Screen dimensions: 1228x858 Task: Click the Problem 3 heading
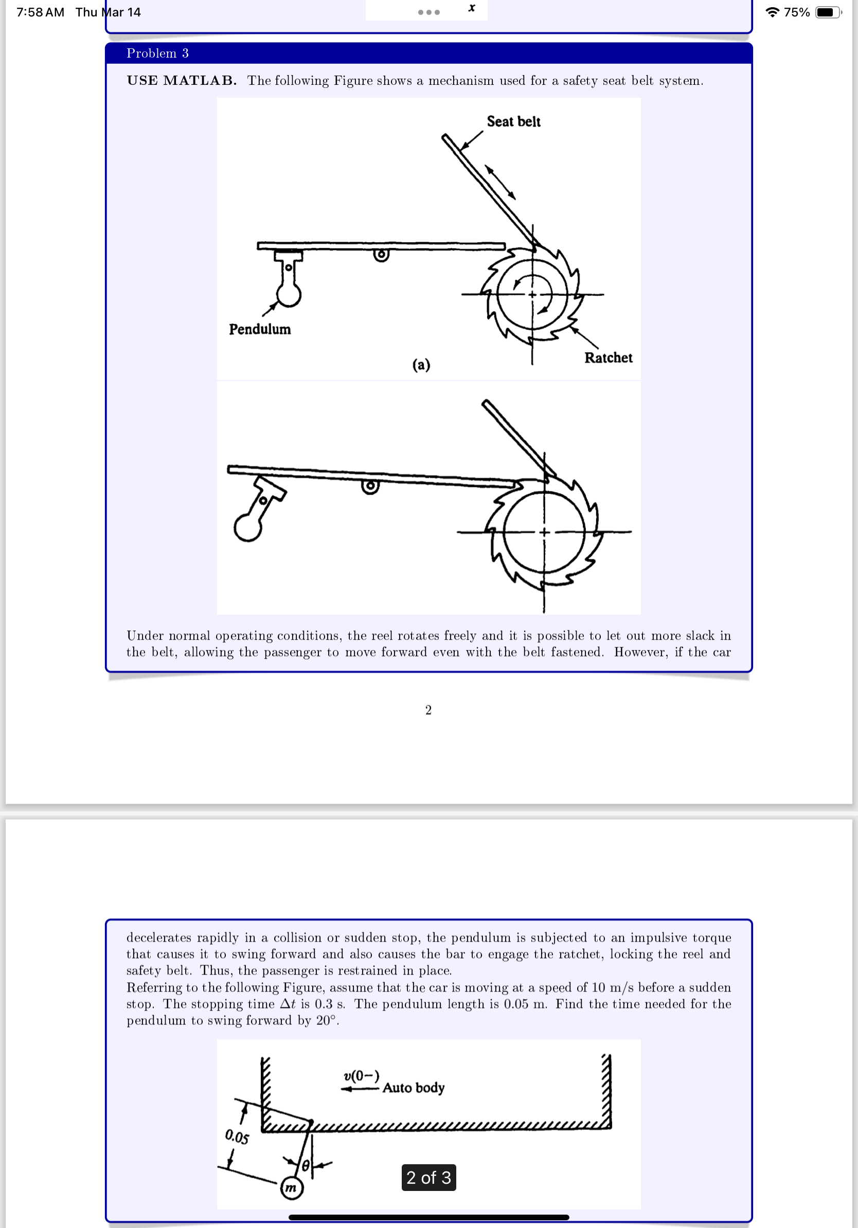pyautogui.click(x=157, y=53)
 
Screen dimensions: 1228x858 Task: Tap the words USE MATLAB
pyautogui.click(x=182, y=81)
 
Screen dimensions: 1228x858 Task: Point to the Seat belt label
pyautogui.click(x=513, y=122)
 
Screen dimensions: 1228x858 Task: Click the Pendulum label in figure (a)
pyautogui.click(x=259, y=330)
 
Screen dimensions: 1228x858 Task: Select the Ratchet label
pyautogui.click(x=607, y=358)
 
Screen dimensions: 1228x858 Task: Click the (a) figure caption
pyautogui.click(x=421, y=365)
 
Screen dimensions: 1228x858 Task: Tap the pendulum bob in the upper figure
pyautogui.click(x=289, y=295)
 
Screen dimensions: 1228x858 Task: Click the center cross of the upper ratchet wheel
pyautogui.click(x=532, y=295)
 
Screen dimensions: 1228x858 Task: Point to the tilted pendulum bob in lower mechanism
pyautogui.click(x=247, y=528)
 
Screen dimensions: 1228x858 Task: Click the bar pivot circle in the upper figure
pyautogui.click(x=381, y=255)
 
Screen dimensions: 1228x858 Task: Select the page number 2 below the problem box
pyautogui.click(x=428, y=710)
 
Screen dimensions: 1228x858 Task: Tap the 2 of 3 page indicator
pyautogui.click(x=428, y=1177)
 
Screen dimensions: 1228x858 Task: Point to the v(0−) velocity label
pyautogui.click(x=361, y=1076)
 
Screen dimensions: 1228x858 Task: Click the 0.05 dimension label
pyautogui.click(x=237, y=1136)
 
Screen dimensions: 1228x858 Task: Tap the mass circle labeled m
pyautogui.click(x=292, y=1188)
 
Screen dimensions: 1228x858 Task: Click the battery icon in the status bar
pyautogui.click(x=827, y=12)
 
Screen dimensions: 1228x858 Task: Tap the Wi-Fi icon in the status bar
pyautogui.click(x=772, y=12)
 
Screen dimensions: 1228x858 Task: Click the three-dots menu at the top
pyautogui.click(x=429, y=12)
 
